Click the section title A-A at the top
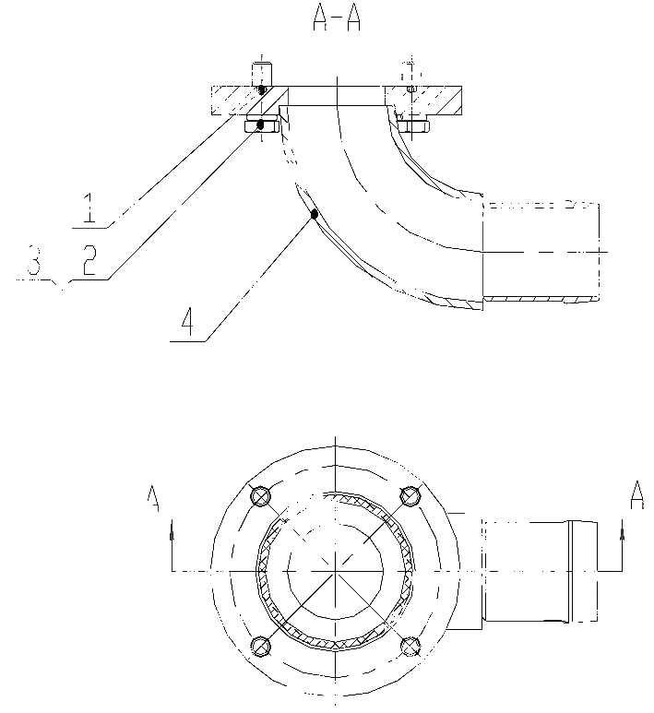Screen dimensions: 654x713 (x=337, y=19)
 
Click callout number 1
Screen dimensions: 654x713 (x=90, y=208)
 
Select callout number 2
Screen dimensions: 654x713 (x=89, y=259)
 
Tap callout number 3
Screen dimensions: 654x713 (x=34, y=260)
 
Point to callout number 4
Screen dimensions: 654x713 (x=187, y=321)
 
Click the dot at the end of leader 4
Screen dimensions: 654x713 (x=314, y=214)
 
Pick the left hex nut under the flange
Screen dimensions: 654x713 (x=262, y=126)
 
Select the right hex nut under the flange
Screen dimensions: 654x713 (x=412, y=126)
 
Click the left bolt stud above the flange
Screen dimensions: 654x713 (x=262, y=75)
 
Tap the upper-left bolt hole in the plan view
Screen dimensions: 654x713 (x=261, y=495)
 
